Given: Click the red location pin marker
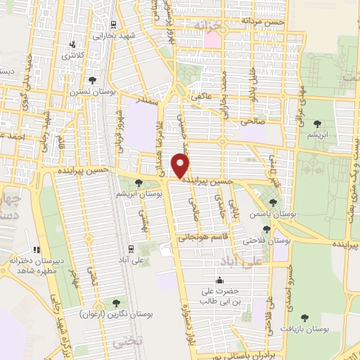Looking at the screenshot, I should click(x=181, y=166).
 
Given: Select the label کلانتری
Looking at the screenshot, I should click(x=72, y=56).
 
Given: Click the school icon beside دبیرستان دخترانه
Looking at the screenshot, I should click(x=36, y=249).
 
